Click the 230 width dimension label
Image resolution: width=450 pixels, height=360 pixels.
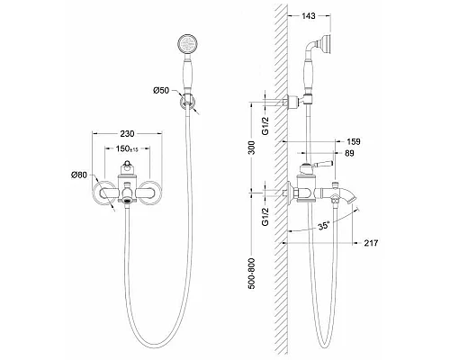click(127, 133)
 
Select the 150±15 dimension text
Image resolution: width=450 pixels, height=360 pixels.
click(127, 148)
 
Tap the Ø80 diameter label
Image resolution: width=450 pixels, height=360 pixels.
click(79, 175)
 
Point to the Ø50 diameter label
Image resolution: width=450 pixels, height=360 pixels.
click(161, 90)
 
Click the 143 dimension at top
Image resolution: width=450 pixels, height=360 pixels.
click(308, 16)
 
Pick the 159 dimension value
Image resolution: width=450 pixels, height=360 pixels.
click(354, 141)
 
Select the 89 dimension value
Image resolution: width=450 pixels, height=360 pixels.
click(350, 153)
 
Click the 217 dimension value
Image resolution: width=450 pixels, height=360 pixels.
click(371, 243)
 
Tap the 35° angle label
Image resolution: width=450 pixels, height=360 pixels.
click(324, 225)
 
